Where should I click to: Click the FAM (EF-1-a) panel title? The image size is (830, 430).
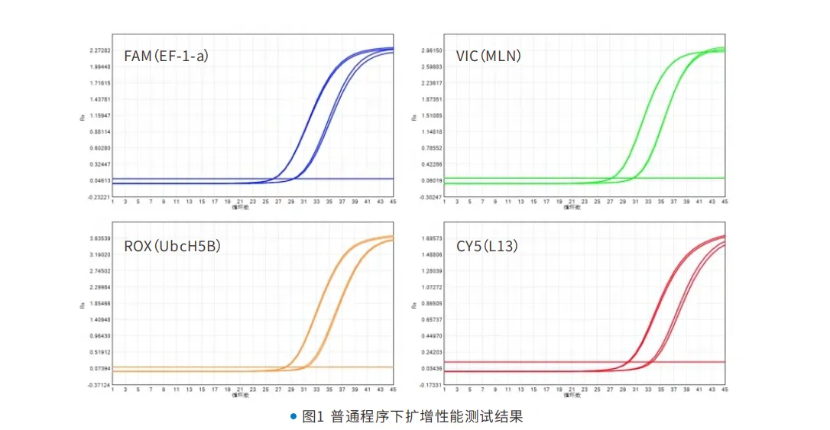pyautogui.click(x=167, y=56)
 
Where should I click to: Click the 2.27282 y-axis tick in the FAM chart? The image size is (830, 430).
pyautogui.click(x=100, y=51)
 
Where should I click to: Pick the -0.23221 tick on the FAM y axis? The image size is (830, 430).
pyautogui.click(x=99, y=197)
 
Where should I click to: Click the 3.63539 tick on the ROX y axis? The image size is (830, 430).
pyautogui.click(x=100, y=239)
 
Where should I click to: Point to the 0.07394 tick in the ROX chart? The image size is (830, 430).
pyautogui.click(x=100, y=369)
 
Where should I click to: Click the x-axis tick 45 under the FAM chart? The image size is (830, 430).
pyautogui.click(x=392, y=202)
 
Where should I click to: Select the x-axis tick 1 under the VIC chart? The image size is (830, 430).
pyautogui.click(x=445, y=202)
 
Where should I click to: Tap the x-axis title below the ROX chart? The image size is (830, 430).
pyautogui.click(x=240, y=396)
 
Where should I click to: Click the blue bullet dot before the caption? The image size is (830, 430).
pyautogui.click(x=293, y=416)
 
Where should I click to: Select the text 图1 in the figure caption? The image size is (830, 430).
pyautogui.click(x=313, y=416)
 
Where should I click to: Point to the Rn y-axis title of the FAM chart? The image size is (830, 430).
pyautogui.click(x=83, y=118)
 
